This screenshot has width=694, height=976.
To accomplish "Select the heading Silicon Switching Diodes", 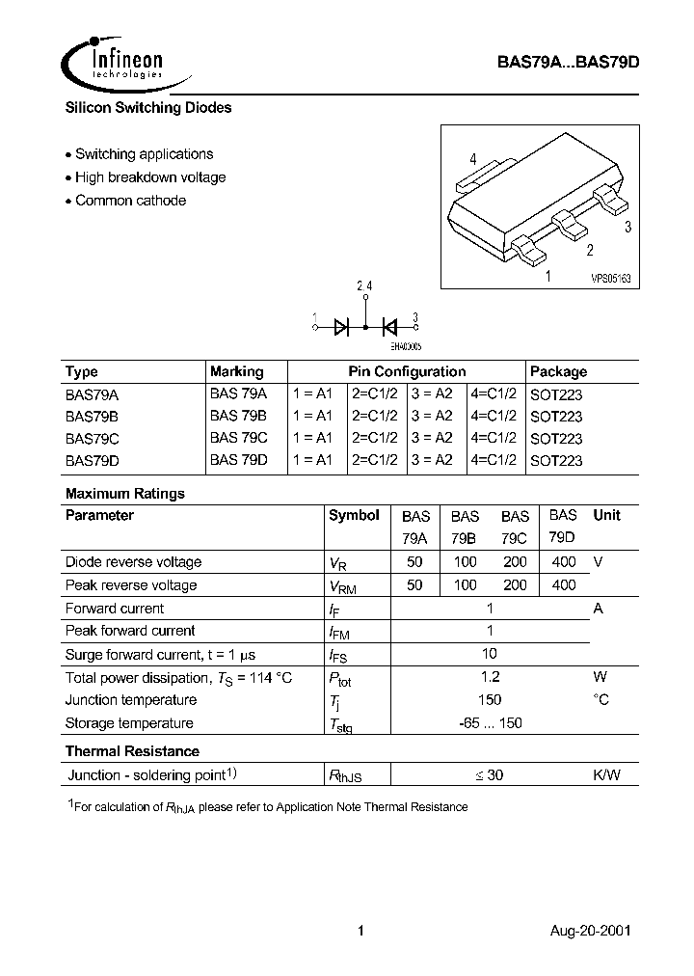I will [x=148, y=108].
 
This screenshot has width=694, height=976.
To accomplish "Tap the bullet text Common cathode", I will [x=130, y=201].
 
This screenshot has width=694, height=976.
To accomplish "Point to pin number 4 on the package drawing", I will [x=473, y=159].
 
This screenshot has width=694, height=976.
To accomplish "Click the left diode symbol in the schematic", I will [x=341, y=326].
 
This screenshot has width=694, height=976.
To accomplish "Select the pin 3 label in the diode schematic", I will [x=415, y=317].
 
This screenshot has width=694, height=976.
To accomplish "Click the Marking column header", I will [x=236, y=371].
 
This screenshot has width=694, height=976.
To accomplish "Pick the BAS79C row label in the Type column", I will [x=93, y=438].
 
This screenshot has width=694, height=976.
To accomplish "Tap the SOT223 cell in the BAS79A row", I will [x=556, y=394].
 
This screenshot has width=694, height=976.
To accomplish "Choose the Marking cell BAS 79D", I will [x=238, y=460].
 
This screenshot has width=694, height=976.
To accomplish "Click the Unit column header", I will [x=606, y=515].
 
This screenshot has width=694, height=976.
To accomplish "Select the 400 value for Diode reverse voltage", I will [x=563, y=561].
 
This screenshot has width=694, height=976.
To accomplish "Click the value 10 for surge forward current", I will [x=490, y=653].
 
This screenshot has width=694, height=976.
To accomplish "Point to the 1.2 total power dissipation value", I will [x=490, y=677].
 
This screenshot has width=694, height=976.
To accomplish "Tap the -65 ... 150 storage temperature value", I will [x=490, y=723].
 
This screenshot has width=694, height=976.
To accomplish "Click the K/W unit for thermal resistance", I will [x=606, y=774].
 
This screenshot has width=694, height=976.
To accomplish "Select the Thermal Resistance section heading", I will [x=132, y=751].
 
